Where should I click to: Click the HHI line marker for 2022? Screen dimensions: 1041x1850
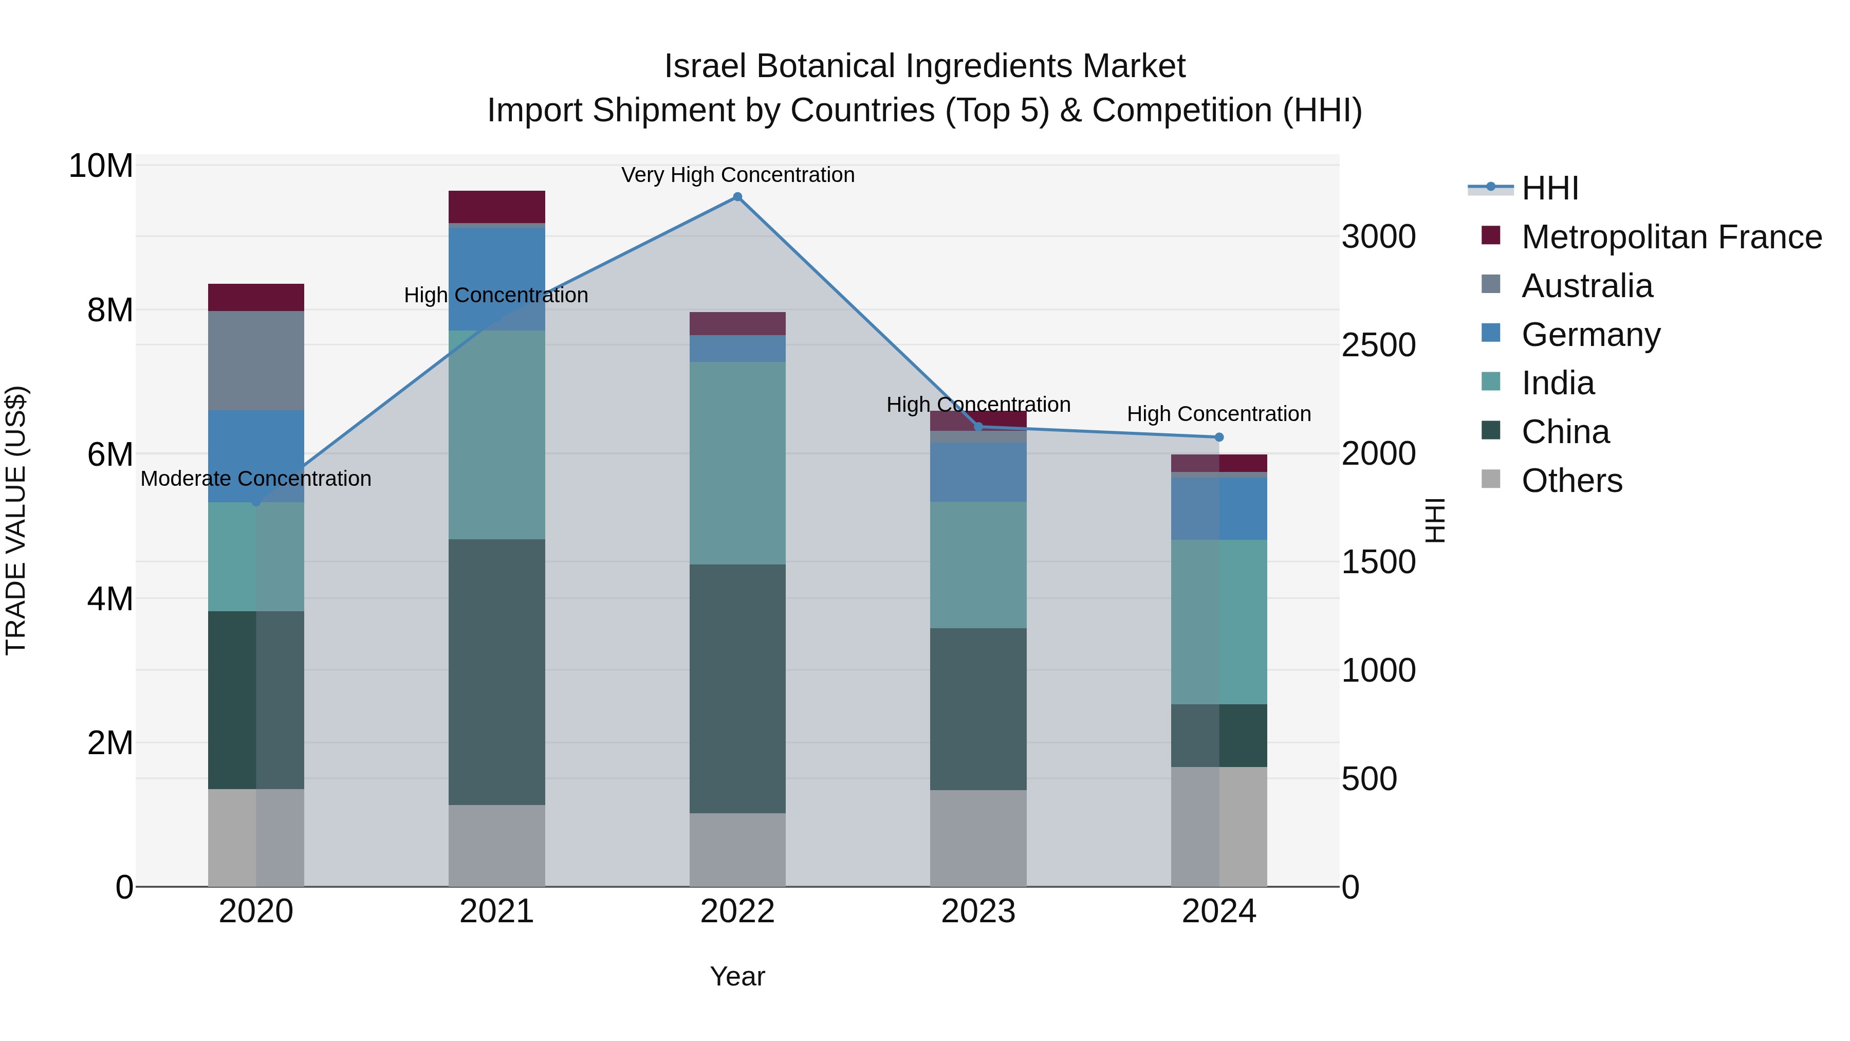coord(737,197)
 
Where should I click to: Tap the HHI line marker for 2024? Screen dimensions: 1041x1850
coord(1219,437)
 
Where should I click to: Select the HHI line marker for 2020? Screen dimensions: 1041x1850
coord(256,501)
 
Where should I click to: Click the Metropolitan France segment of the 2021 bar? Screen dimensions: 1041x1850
coord(496,207)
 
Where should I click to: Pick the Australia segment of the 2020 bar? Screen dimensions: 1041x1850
coord(256,361)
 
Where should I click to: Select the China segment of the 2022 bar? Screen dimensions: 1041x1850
coord(737,688)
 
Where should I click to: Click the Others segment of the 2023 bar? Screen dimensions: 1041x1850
coord(977,838)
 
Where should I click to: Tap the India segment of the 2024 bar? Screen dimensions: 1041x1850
coord(1219,622)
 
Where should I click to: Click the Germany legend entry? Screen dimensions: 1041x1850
coord(1590,335)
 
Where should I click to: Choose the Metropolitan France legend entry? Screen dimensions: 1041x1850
coord(1671,237)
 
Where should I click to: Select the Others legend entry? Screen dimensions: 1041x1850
coord(1571,481)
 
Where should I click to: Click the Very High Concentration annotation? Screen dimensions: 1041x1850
coord(737,175)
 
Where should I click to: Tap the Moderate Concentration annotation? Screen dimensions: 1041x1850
coord(256,479)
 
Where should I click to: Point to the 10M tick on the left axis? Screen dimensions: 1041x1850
coord(101,166)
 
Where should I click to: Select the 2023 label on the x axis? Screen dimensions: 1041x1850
coord(977,911)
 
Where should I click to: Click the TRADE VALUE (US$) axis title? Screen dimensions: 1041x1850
coord(16,520)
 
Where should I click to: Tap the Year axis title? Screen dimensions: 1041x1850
coord(737,976)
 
